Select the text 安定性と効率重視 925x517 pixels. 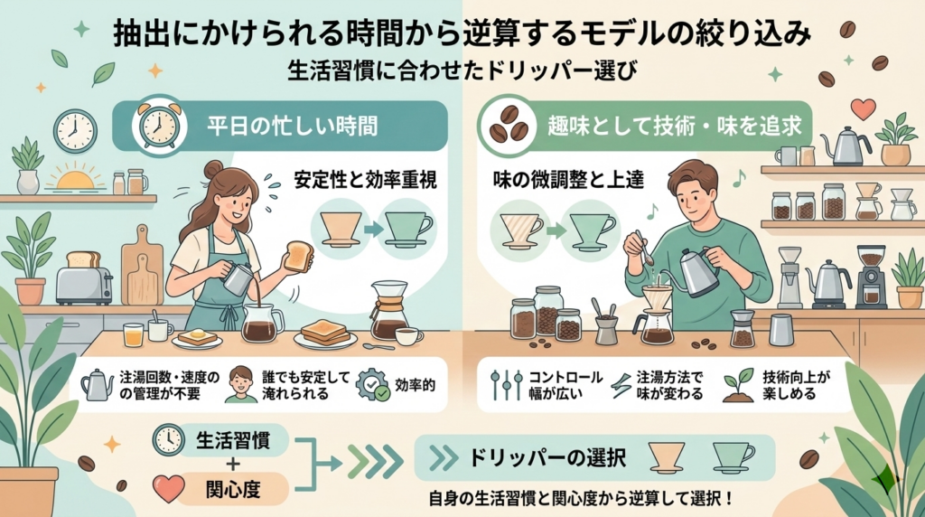(x=366, y=179)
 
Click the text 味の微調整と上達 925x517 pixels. (x=567, y=180)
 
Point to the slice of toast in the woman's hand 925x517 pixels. (x=298, y=256)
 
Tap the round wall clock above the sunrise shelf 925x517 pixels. (x=76, y=131)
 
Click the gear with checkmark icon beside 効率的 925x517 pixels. (x=373, y=385)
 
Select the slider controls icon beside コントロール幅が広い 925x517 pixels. (x=507, y=385)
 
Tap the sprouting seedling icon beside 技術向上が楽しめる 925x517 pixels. (x=739, y=385)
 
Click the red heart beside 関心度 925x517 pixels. (x=169, y=488)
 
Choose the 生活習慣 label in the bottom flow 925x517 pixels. (x=233, y=440)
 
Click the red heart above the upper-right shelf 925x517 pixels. (x=864, y=108)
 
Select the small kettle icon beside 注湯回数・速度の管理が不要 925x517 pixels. (x=98, y=385)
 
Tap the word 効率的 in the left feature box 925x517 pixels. (x=416, y=385)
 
